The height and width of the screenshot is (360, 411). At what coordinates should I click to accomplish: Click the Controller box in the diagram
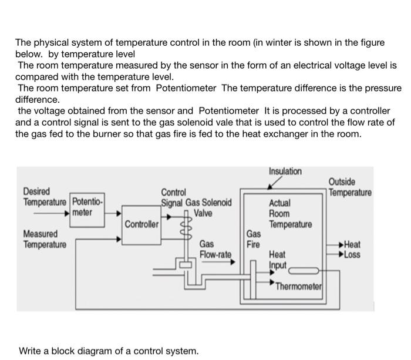tap(142, 225)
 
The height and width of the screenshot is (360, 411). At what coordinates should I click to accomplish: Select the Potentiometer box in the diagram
tap(86, 207)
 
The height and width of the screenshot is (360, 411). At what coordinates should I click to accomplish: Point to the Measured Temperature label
tap(44, 239)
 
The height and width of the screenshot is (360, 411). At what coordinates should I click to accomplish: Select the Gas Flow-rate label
tap(215, 249)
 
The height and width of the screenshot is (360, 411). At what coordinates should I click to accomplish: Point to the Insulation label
tap(285, 171)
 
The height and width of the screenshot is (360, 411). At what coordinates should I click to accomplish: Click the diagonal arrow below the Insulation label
tap(274, 184)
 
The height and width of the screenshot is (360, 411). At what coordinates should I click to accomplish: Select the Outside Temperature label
tap(349, 187)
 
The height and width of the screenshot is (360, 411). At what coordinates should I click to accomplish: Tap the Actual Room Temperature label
tap(289, 214)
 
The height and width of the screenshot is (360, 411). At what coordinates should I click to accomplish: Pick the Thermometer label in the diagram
tap(298, 286)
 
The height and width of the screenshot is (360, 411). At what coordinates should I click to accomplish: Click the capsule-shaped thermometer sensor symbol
tap(303, 271)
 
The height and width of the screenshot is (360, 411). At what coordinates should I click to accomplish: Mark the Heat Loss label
tap(353, 250)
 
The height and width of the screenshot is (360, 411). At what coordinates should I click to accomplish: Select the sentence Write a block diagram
tap(109, 351)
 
